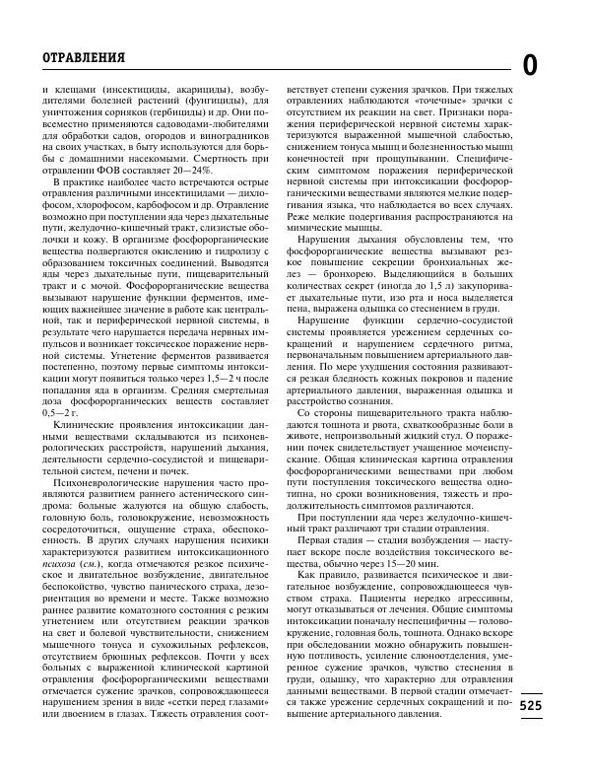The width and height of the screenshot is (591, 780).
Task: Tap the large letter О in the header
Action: [x=530, y=66]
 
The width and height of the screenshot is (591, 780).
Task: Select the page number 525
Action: [x=530, y=705]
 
